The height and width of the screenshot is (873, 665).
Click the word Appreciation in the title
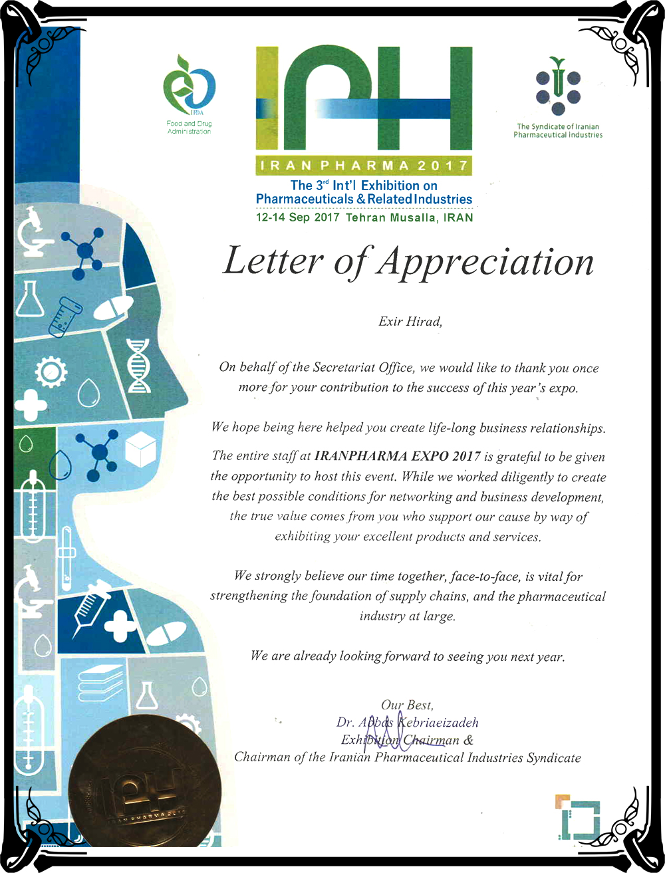pos(485,261)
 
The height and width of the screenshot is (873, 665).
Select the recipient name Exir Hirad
pos(410,322)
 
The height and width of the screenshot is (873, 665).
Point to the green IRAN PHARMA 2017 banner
pos(363,165)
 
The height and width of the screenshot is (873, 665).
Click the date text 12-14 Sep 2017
pos(297,217)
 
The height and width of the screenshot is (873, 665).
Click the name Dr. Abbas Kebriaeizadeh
pos(407,722)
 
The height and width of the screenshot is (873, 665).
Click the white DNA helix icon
pos(138,366)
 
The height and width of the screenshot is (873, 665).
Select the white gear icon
pos(51,372)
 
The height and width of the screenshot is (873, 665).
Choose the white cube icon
pos(140,448)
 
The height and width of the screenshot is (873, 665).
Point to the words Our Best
pos(407,705)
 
